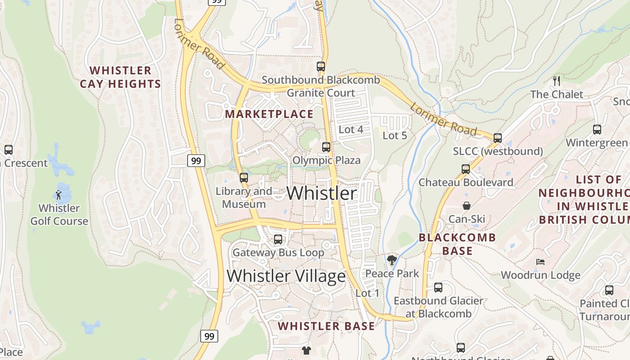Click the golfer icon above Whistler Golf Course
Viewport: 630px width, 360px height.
(58, 195)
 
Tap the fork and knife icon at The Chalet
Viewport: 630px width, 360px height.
(557, 81)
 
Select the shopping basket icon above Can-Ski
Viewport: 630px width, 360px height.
(467, 206)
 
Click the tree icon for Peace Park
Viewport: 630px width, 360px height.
(392, 260)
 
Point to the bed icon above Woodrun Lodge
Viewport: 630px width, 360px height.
(540, 262)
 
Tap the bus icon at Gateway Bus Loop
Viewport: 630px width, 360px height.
(278, 239)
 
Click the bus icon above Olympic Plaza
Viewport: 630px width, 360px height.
(326, 147)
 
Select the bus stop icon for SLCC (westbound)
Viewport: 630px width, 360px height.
(498, 138)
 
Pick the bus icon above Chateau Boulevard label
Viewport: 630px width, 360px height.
(466, 169)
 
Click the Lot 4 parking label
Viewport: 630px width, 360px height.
(351, 130)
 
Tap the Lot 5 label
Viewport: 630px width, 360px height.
(395, 135)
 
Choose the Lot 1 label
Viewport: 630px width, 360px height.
(367, 293)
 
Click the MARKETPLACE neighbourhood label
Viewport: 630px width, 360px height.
(269, 114)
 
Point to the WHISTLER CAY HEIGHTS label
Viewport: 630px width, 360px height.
(120, 77)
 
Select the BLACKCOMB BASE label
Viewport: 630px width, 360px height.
(457, 244)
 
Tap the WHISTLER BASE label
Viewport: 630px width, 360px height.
(326, 326)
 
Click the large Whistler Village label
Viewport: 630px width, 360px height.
(286, 276)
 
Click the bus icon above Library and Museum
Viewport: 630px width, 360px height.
(244, 178)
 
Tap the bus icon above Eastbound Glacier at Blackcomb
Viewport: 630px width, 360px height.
(438, 288)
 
